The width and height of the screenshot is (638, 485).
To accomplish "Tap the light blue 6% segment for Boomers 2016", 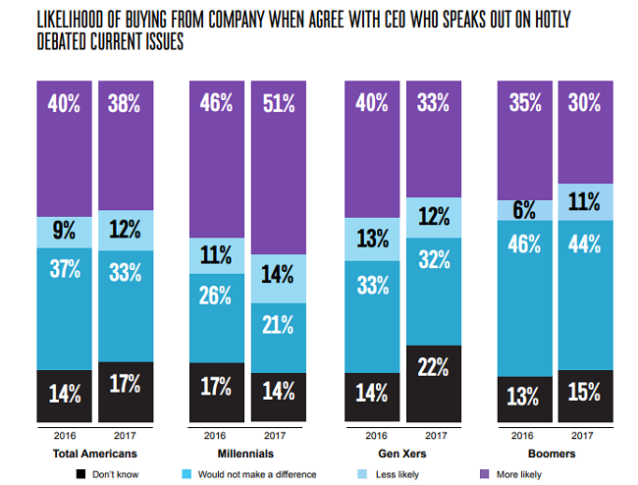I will tap(526, 210).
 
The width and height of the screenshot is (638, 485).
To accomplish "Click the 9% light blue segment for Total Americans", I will tap(65, 232).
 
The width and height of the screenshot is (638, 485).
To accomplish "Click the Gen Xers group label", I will tap(404, 455).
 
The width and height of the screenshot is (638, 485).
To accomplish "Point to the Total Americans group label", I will tap(94, 455).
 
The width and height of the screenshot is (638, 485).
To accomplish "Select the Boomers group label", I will tap(556, 455).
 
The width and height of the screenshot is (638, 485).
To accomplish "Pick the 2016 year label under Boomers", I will tap(526, 434).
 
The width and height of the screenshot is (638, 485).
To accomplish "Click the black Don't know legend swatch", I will tap(80, 474).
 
